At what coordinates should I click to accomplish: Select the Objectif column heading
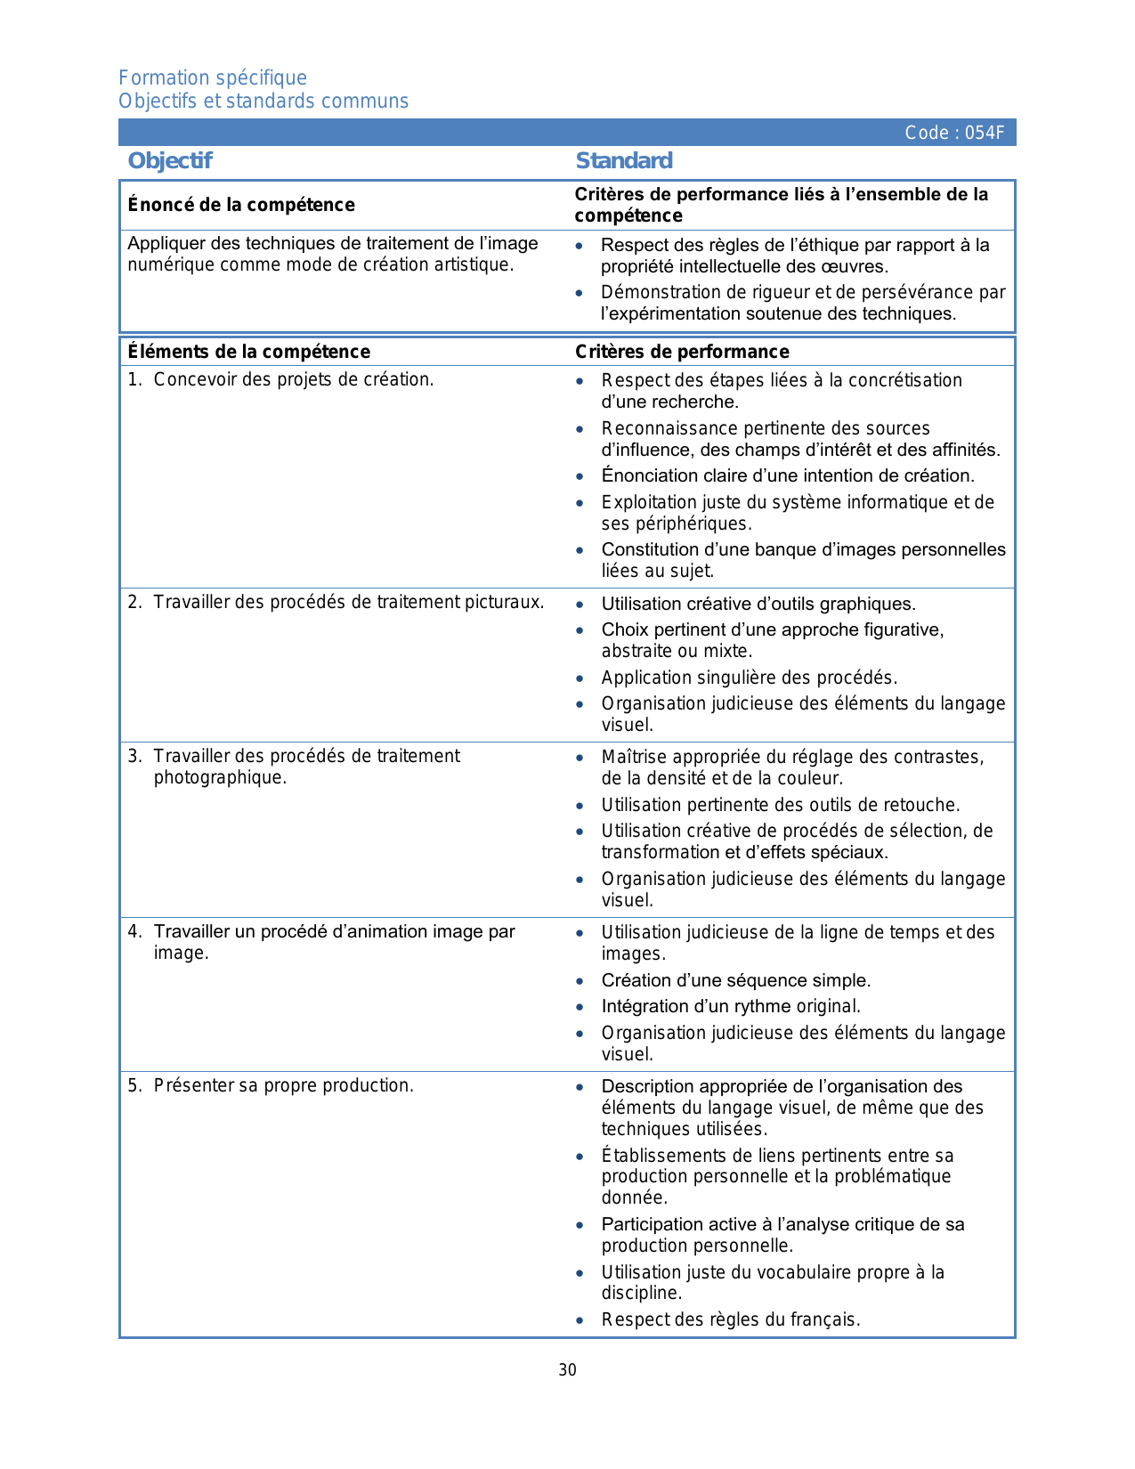point(170,161)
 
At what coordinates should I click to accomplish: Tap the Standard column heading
point(624,161)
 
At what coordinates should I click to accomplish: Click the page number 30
point(568,1370)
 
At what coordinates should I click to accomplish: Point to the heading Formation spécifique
point(213,78)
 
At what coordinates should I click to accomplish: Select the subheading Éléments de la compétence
point(248,352)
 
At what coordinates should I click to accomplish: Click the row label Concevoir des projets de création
point(293,380)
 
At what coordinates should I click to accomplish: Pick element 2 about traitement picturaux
point(348,603)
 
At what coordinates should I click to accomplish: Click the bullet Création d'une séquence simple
point(735,981)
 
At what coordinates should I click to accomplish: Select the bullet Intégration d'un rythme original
point(731,1007)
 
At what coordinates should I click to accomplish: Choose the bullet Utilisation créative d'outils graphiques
point(758,605)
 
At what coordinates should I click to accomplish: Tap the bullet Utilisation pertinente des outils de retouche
point(781,806)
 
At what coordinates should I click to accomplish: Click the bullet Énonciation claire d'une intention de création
point(788,476)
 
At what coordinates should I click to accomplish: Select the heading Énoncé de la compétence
point(241,206)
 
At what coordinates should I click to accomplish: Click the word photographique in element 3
point(220,778)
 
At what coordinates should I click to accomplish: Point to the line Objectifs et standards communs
point(263,101)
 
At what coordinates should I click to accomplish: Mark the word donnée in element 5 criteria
point(634,1198)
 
